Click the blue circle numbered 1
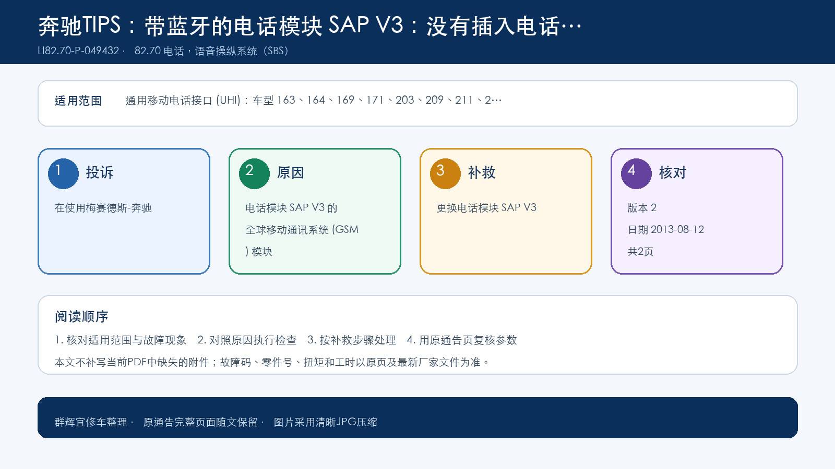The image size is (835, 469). point(63,174)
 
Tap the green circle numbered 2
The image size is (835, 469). point(254,174)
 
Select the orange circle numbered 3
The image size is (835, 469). point(445,174)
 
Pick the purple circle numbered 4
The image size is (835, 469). point(636,174)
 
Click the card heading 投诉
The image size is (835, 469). point(100,172)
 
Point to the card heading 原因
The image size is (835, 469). point(290,172)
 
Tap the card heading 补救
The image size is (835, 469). point(481,172)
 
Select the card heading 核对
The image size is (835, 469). point(672,172)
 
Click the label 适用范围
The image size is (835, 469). point(78,101)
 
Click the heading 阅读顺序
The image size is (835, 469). point(81,316)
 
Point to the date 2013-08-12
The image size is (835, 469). point(677,229)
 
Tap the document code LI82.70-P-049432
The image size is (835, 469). point(78,51)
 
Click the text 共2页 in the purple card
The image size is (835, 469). point(640,252)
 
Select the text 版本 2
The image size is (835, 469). point(642,208)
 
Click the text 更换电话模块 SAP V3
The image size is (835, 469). point(486,208)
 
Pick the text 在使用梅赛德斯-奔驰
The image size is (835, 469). point(103,208)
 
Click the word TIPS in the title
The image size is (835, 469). point(101,26)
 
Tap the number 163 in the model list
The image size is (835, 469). point(286,100)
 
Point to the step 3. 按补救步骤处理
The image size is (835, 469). point(352,340)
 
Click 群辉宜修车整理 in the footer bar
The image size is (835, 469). point(91,422)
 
